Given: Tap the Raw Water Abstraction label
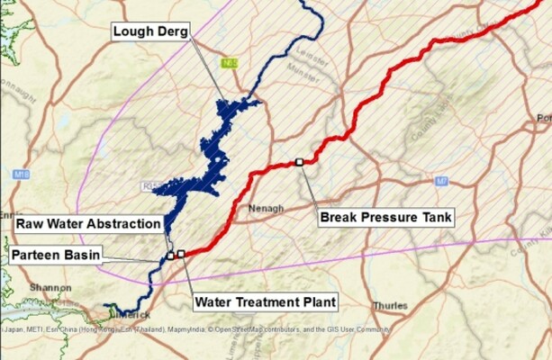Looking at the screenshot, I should click(88, 223).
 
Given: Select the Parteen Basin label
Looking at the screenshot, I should click(56, 255).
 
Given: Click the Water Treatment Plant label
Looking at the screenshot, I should click(266, 301).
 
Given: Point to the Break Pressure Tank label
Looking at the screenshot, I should click(385, 216).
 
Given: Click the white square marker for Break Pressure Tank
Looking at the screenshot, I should click(299, 162).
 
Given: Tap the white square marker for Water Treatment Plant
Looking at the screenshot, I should click(181, 254).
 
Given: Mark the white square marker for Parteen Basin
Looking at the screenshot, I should click(169, 256).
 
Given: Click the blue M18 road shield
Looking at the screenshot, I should click(23, 174).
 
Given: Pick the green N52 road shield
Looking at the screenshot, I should click(230, 64).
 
